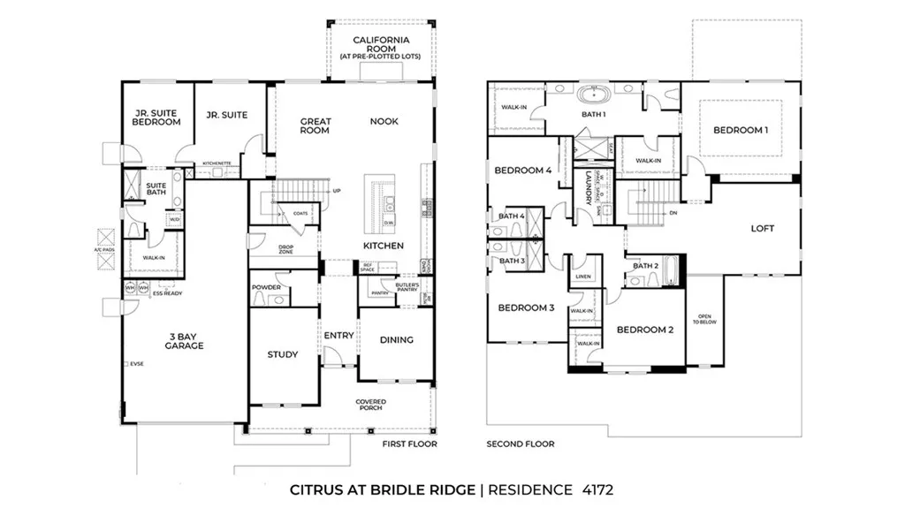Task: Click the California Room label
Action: pos(381,45)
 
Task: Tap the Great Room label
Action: pos(315,125)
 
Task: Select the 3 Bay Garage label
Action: pos(185,340)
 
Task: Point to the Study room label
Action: pos(283,355)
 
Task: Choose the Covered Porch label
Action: pos(371,406)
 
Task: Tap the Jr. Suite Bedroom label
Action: pos(157,118)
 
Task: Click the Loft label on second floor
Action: pos(762,229)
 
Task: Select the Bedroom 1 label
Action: pos(741,131)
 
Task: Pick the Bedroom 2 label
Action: pos(645,330)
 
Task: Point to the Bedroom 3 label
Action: pos(526,308)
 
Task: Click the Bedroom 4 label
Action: pos(522,171)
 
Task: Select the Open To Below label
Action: pos(704,320)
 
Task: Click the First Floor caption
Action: pos(409,444)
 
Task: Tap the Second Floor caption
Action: pos(521,444)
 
